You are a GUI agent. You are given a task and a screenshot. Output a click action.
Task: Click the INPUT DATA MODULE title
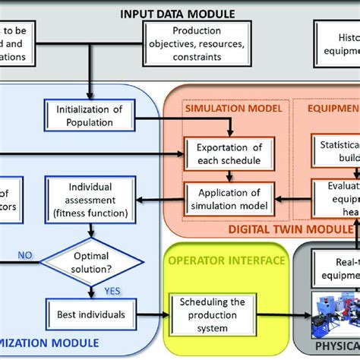tap(180, 13)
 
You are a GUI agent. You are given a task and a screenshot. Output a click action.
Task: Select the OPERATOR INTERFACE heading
tap(227, 261)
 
